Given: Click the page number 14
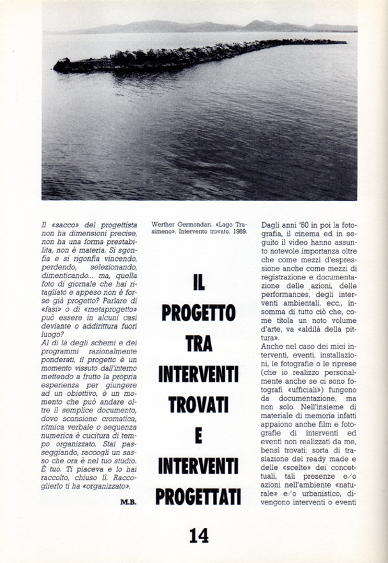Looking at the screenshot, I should [x=198, y=535].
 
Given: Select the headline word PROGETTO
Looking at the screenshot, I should [x=198, y=312].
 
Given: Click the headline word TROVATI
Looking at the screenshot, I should [x=198, y=404].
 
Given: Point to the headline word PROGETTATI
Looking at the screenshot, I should [x=198, y=495].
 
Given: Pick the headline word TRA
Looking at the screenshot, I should [x=198, y=343].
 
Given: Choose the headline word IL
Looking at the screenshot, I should [x=198, y=281].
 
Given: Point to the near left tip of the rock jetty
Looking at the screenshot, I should [x=56, y=65].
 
